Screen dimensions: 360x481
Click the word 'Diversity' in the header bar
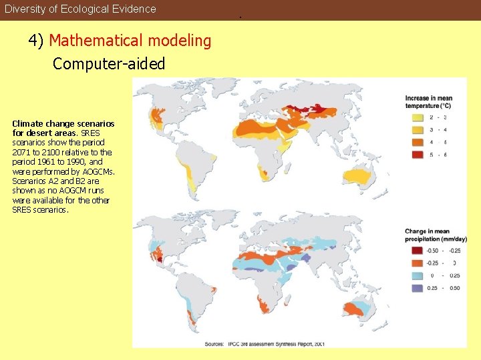tap(25, 9)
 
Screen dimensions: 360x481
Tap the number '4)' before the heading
tap(36, 41)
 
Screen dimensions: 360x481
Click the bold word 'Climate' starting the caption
tap(27, 124)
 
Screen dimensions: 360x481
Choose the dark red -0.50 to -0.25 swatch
tap(416, 251)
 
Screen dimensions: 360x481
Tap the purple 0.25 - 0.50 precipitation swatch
tap(416, 288)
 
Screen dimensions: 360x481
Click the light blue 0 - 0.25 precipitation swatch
tap(416, 275)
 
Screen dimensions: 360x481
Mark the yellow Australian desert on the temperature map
tap(365, 176)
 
